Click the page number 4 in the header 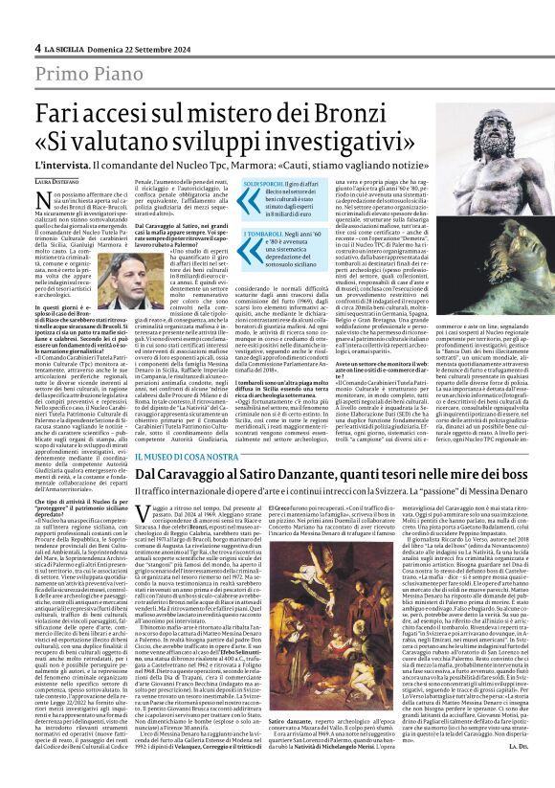pyautogui.click(x=37, y=47)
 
